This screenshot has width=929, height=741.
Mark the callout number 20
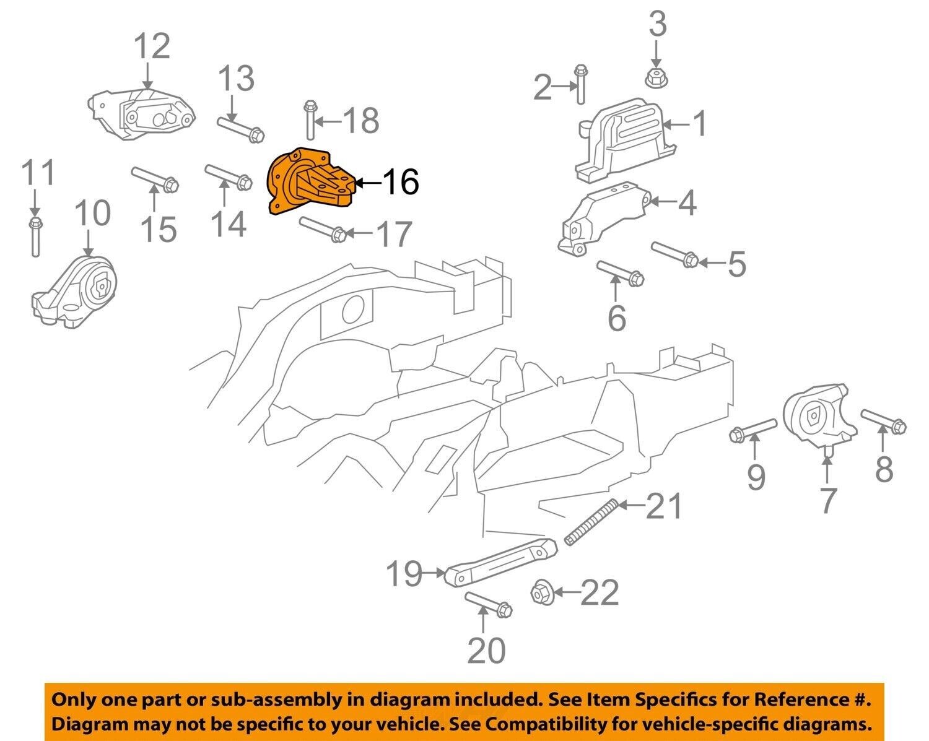point(486,649)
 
